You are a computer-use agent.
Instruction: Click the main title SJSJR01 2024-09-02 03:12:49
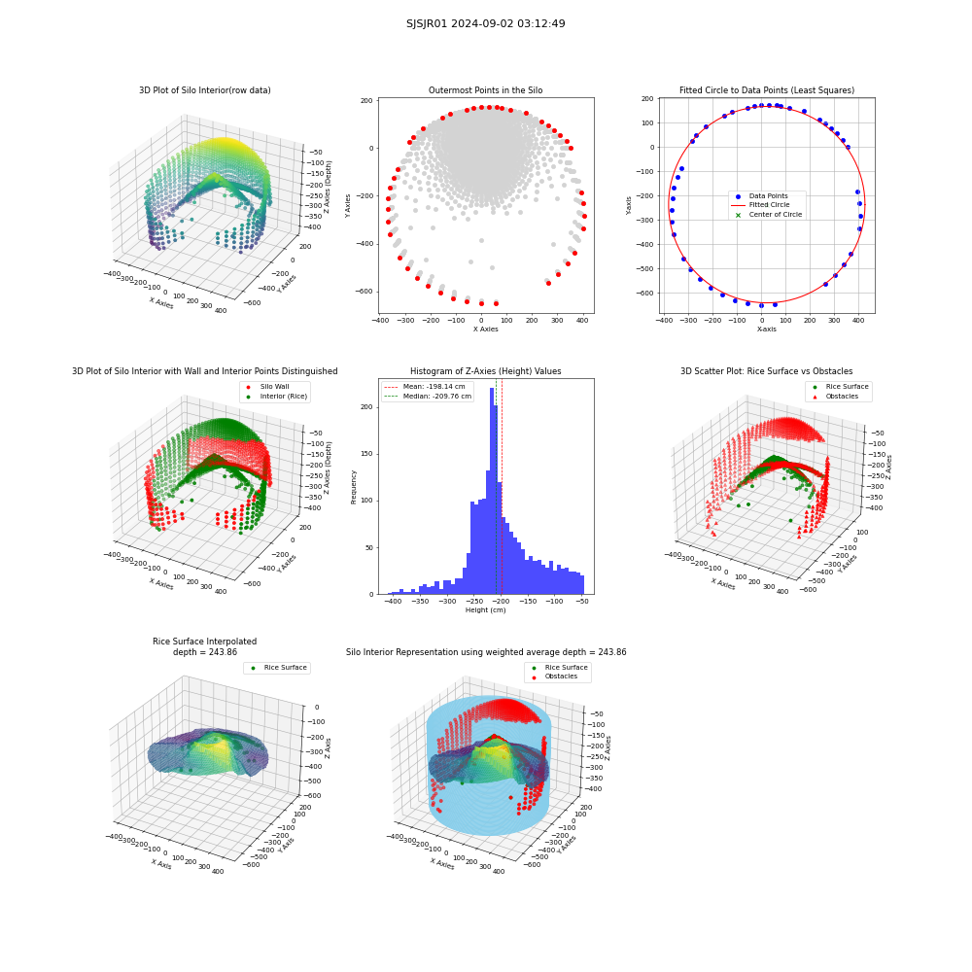(x=485, y=23)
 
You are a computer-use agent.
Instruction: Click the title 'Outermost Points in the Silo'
(x=485, y=90)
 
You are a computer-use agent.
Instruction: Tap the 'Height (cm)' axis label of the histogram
(x=485, y=610)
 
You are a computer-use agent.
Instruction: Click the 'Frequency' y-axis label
(x=354, y=487)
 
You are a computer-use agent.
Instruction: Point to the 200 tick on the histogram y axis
(x=367, y=407)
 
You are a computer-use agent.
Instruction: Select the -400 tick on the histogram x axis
(x=393, y=602)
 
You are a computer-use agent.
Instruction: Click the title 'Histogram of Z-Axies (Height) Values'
(x=485, y=371)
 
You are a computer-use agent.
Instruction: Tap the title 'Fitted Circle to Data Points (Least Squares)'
(x=767, y=90)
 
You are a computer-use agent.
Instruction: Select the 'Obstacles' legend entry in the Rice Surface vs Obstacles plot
(x=842, y=397)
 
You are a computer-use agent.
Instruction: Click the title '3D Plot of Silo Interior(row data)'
(x=204, y=90)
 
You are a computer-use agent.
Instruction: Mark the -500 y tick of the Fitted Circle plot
(x=645, y=268)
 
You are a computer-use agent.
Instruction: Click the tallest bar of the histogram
(x=492, y=491)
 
